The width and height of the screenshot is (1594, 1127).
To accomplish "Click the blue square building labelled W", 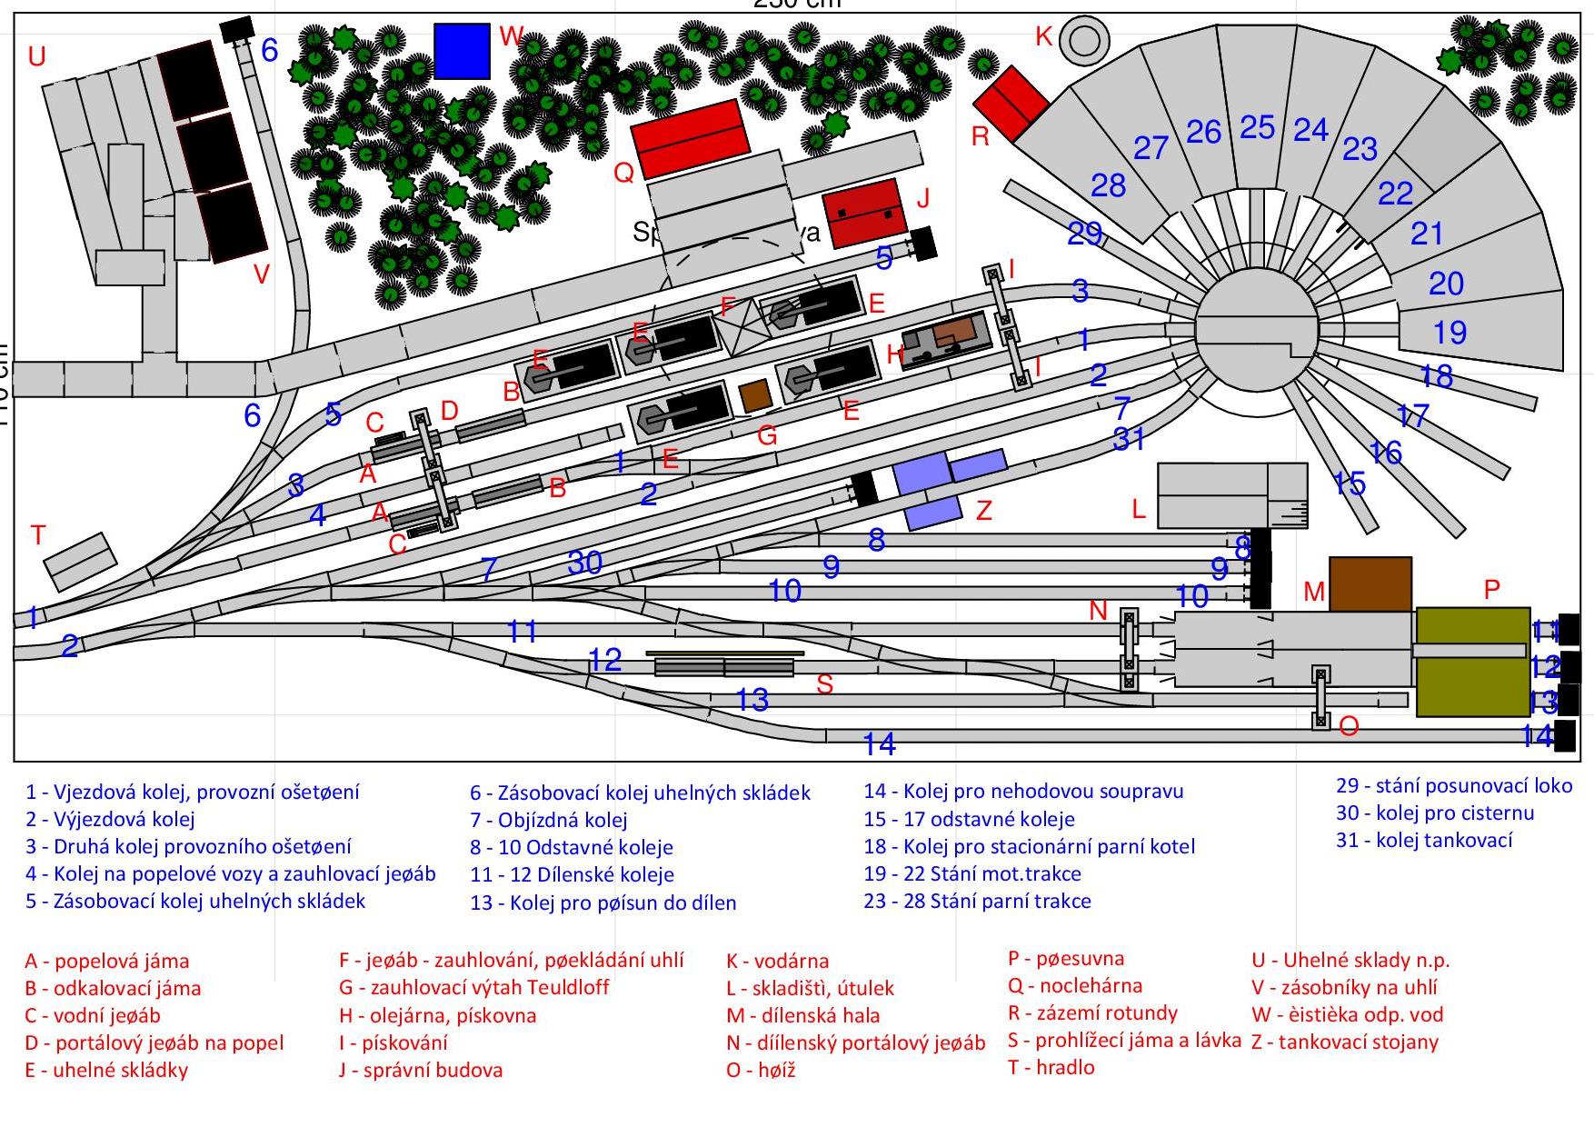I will (462, 51).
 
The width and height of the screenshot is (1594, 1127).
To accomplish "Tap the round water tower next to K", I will (1084, 40).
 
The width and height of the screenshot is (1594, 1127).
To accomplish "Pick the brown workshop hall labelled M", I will (1370, 583).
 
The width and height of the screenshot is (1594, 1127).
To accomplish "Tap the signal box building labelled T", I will (81, 561).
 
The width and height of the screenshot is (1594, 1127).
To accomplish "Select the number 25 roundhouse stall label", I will (1257, 127).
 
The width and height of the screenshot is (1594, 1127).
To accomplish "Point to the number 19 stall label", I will (1450, 333).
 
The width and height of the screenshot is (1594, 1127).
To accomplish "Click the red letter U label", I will (36, 57).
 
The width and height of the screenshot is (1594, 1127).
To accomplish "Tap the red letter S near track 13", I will (824, 684).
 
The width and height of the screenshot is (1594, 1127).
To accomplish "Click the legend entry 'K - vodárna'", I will (777, 961).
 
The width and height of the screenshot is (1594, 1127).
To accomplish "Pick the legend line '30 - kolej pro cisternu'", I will (1434, 813).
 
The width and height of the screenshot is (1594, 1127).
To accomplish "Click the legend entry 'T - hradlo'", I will (1051, 1067).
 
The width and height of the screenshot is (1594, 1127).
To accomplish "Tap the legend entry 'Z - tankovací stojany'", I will (1344, 1042).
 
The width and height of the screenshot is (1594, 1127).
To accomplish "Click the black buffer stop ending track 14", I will (1564, 735).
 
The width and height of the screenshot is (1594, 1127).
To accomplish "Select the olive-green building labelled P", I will (1472, 662).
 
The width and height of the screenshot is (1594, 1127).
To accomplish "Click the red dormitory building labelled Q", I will (691, 138).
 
